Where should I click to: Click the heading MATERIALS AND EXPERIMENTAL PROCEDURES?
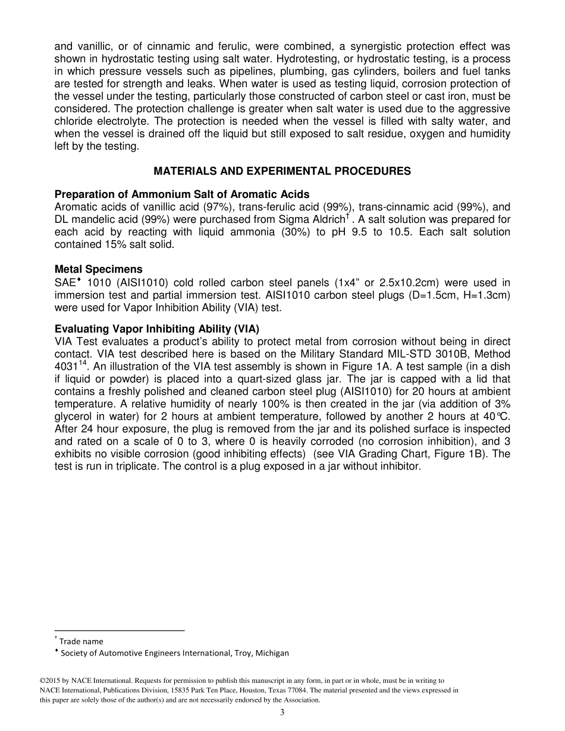coord(282,171)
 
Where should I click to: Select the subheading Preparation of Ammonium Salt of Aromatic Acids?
coord(181,194)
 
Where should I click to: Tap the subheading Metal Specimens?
coord(98,269)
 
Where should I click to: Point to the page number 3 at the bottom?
coord(282,713)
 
